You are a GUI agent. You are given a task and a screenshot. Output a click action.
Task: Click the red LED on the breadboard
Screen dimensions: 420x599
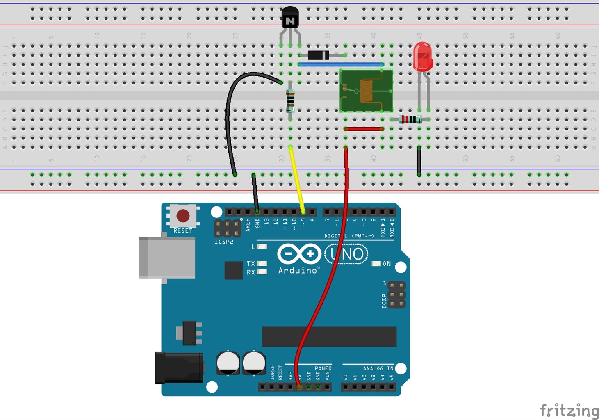pos(423,56)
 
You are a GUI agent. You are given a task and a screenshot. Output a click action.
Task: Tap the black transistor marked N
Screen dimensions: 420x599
pos(290,18)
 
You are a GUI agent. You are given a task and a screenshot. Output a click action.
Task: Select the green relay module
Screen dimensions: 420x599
pos(366,91)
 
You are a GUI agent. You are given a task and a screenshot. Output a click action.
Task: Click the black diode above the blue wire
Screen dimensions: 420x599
pos(319,55)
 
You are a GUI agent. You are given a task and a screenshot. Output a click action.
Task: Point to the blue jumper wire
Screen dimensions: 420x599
pos(340,64)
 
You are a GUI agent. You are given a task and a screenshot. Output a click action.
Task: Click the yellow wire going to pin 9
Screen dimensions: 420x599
pos(297,180)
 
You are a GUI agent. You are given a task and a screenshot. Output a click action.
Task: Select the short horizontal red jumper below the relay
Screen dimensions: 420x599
pos(364,129)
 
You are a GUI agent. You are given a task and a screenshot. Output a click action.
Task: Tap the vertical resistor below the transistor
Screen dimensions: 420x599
pos(290,101)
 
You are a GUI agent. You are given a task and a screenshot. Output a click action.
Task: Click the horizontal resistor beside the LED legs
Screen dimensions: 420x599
pos(410,119)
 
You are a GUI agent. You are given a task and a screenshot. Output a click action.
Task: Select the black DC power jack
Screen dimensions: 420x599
pos(179,368)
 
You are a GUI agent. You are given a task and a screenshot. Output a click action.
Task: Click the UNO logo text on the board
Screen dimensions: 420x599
pos(347,254)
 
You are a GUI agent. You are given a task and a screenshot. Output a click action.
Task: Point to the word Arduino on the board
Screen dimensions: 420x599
pos(298,270)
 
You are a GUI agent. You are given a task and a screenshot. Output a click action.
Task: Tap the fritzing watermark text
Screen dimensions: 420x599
pos(569,410)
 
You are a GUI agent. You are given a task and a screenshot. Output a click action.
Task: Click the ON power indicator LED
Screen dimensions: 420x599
pos(376,264)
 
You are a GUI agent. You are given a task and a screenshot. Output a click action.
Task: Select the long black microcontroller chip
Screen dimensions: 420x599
pos(329,337)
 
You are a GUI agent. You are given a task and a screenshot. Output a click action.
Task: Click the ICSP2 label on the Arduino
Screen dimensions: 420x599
pos(224,242)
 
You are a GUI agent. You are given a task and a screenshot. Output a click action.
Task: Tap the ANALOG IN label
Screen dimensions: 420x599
pos(378,368)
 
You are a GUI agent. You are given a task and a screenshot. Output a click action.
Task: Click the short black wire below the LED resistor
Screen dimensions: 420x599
pos(419,161)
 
